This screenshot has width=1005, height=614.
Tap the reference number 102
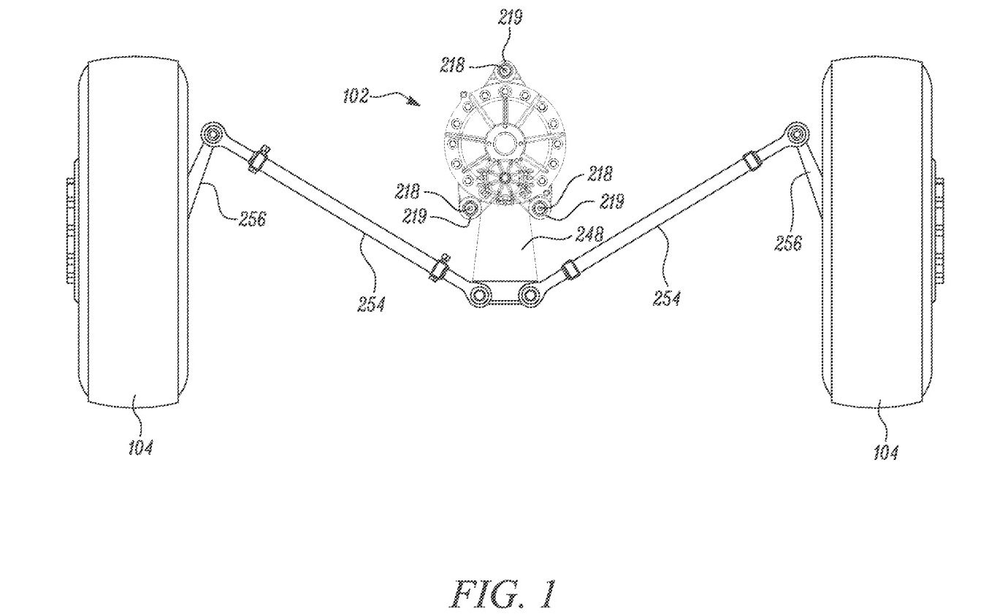pos(356,96)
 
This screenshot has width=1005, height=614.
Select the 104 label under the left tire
pos(140,448)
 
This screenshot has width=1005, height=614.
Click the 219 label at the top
pos(511,18)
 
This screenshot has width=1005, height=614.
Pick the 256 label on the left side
pos(253,219)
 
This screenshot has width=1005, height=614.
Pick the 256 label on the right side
pos(788,243)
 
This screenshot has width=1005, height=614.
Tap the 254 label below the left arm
pos(372,304)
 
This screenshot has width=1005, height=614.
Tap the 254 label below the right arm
pos(667,299)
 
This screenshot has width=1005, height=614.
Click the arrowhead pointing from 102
pos(415,102)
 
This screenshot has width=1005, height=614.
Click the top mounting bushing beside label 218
pos(505,71)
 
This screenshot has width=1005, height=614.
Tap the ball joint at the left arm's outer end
pos(213,134)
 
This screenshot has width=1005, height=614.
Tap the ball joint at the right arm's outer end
pos(796,134)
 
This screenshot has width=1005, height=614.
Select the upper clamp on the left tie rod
pos(257,160)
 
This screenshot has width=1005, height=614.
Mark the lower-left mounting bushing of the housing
pos(470,209)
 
